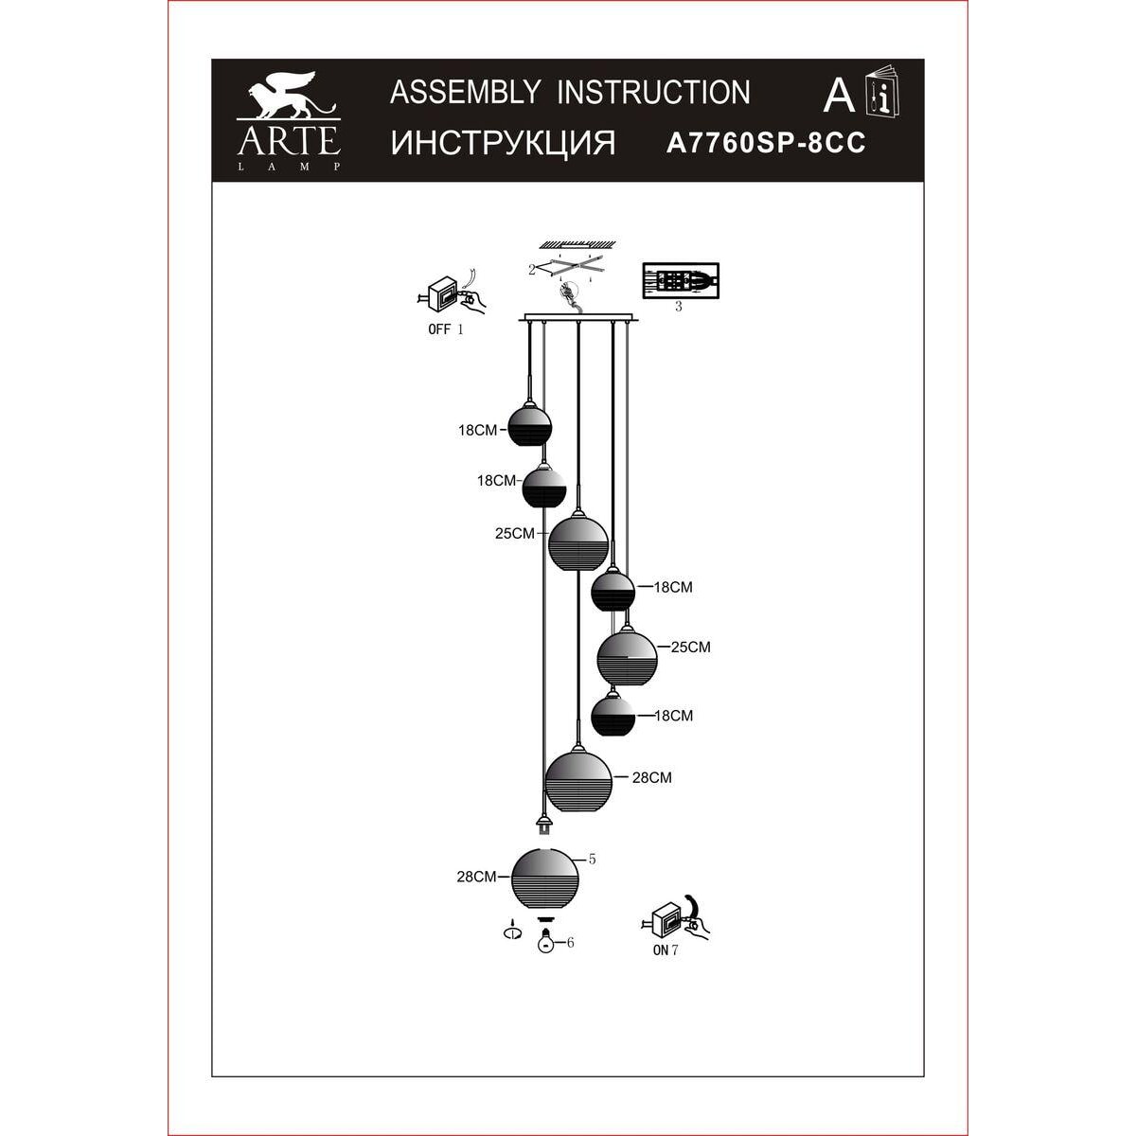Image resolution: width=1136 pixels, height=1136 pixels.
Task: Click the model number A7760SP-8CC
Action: tap(766, 143)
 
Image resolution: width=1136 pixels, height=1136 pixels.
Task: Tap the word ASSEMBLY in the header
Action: tap(465, 93)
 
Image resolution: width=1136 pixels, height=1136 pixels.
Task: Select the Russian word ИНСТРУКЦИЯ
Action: tap(503, 143)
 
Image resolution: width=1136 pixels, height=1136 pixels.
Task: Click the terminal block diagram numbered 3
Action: tap(681, 280)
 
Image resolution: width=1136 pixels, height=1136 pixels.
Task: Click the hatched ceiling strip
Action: tap(577, 243)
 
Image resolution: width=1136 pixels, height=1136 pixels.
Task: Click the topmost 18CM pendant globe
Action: tap(529, 424)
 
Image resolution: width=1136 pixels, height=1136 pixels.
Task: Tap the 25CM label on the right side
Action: tap(691, 647)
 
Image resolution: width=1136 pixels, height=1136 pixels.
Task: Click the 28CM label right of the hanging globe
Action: tap(652, 777)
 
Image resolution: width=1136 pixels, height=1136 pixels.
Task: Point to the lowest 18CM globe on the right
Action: tap(613, 715)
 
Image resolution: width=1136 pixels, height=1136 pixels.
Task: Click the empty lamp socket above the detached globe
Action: tap(544, 825)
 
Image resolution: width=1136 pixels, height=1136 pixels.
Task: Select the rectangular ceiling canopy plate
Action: tap(578, 319)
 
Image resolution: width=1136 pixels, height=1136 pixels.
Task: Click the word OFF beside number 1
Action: tap(439, 329)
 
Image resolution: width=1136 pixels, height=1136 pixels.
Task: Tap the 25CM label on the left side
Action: tap(515, 534)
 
